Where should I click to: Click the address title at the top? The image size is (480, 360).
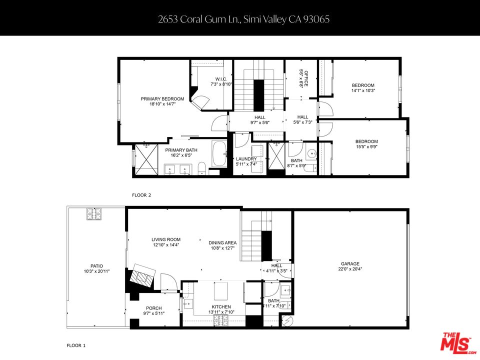coord(243,19)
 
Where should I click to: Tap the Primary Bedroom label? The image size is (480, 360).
coord(162,99)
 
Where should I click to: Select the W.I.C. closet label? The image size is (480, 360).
coord(221,79)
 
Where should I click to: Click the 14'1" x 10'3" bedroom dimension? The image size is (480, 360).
coord(363,91)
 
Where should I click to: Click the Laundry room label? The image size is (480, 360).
coord(246,159)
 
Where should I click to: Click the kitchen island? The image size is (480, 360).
coord(220,290)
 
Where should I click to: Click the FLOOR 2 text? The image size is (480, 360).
coord(141,195)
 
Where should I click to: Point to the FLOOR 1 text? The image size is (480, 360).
coord(76,345)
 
